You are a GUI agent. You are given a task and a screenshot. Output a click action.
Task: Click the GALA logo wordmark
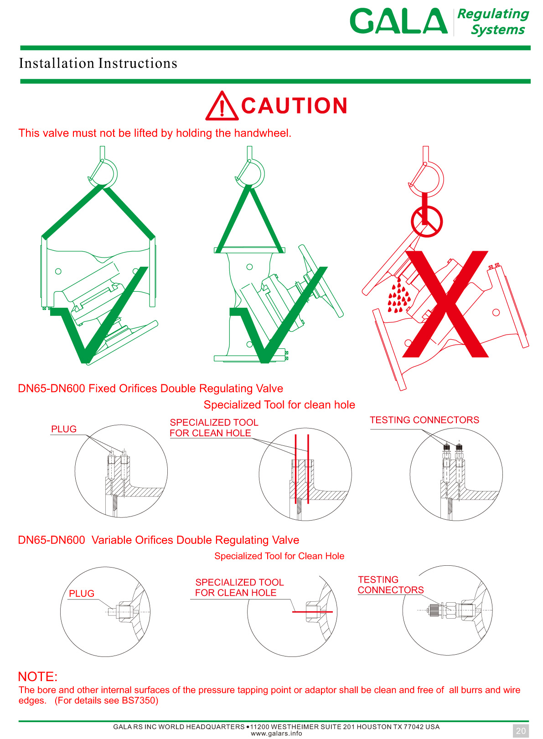398,21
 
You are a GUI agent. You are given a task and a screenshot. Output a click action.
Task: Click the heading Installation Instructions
98,63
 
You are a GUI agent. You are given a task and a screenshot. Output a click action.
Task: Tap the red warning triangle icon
222,106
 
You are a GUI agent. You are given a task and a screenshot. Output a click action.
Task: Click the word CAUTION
294,106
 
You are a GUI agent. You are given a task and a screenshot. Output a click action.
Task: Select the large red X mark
445,304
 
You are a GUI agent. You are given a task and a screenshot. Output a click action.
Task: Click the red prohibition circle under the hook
427,222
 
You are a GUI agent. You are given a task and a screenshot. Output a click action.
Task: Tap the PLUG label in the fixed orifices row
64,429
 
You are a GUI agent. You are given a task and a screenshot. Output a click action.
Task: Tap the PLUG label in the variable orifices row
82,593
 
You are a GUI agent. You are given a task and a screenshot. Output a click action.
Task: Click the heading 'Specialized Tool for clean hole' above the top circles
279,404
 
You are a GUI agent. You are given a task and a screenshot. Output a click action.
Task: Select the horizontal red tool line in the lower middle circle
312,612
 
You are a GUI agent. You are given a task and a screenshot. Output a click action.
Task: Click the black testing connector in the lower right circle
434,610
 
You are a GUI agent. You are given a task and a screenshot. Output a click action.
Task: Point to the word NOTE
37,677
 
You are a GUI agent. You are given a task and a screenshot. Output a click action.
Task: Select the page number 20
521,731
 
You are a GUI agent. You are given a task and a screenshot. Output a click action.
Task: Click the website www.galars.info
276,734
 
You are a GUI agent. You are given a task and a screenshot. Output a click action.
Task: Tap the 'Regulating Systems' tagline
493,22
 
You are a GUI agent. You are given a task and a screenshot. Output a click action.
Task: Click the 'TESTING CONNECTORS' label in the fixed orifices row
424,419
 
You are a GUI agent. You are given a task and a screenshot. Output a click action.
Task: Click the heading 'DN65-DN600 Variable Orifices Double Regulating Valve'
158,540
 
